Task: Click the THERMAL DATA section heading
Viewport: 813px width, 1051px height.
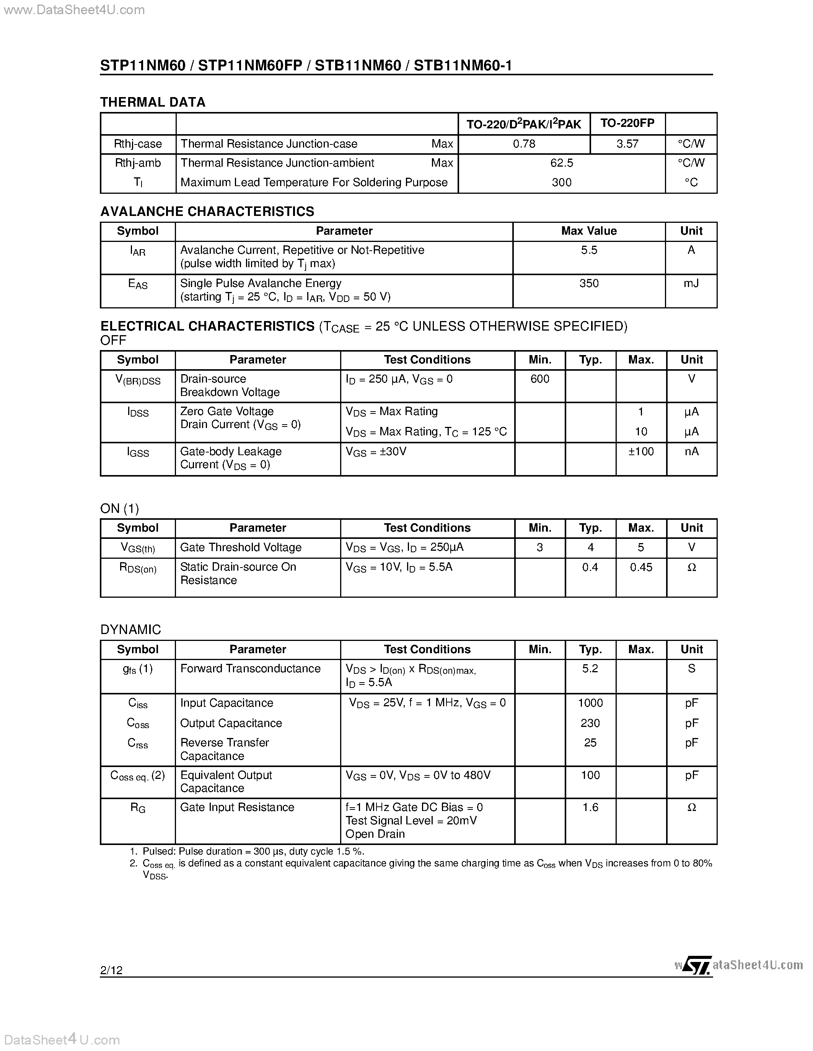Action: [x=153, y=102]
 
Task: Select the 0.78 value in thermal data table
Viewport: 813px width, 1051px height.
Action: [x=524, y=144]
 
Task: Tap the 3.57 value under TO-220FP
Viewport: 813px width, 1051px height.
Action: [x=627, y=144]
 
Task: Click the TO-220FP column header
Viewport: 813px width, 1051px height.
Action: [x=627, y=123]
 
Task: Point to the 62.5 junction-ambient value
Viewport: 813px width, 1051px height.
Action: [x=562, y=163]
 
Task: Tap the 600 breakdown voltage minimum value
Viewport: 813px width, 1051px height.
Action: [x=539, y=379]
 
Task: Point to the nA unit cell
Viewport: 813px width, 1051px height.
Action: [x=691, y=451]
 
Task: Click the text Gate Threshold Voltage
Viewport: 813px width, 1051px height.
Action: [x=240, y=548]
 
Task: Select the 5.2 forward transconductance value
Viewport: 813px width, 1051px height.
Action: [x=590, y=668]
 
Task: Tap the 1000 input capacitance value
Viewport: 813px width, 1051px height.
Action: [x=590, y=703]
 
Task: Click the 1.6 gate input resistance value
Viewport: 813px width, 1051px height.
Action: [x=590, y=808]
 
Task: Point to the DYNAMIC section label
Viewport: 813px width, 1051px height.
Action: [x=130, y=630]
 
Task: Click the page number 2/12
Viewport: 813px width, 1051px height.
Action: [x=111, y=970]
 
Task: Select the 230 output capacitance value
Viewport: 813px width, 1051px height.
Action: [x=590, y=723]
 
